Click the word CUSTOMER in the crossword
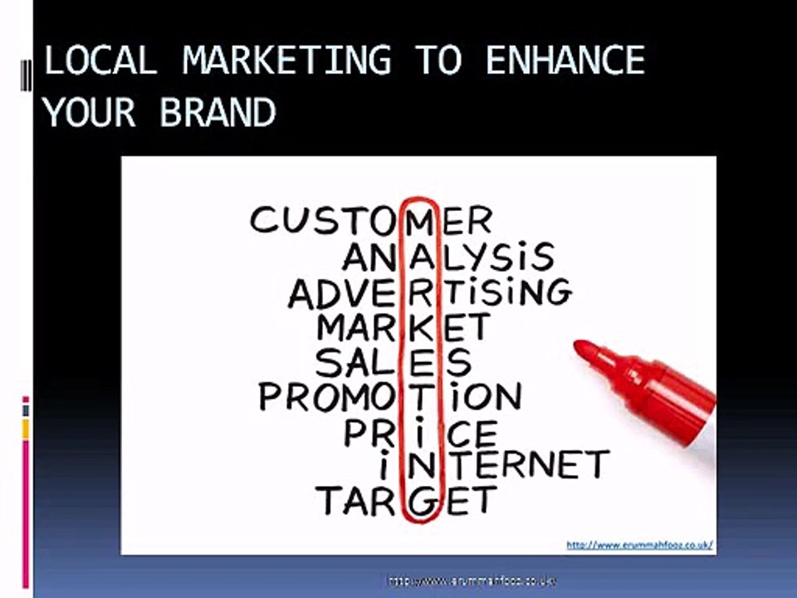point(370,220)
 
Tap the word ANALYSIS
point(447,257)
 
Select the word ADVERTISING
point(429,292)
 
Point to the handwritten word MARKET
point(403,327)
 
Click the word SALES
point(393,363)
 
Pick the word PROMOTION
point(390,398)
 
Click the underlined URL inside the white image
point(639,545)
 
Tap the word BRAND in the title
point(218,112)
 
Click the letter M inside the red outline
point(421,220)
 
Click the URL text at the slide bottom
point(471,581)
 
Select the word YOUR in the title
point(90,112)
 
